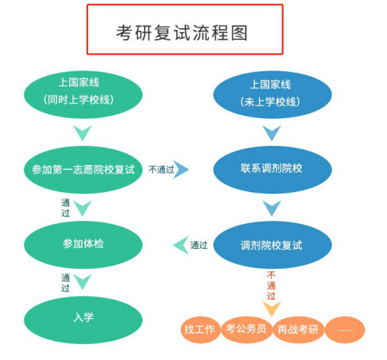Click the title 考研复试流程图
(182, 33)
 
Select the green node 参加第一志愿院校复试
(83, 170)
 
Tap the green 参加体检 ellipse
(83, 245)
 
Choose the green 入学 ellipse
(83, 319)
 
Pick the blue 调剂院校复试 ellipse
(272, 245)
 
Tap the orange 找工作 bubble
(200, 330)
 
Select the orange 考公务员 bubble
(246, 330)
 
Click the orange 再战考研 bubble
(298, 330)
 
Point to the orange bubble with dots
(345, 330)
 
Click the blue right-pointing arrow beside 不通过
(181, 169)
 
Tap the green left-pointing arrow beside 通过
(181, 245)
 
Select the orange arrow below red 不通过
(272, 309)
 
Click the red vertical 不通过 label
(271, 286)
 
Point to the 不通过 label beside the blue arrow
(161, 170)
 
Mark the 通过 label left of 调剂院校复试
(198, 245)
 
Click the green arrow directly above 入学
(82, 282)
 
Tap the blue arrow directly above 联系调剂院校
(272, 133)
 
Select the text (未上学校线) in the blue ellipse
(270, 102)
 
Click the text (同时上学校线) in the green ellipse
(79, 100)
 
